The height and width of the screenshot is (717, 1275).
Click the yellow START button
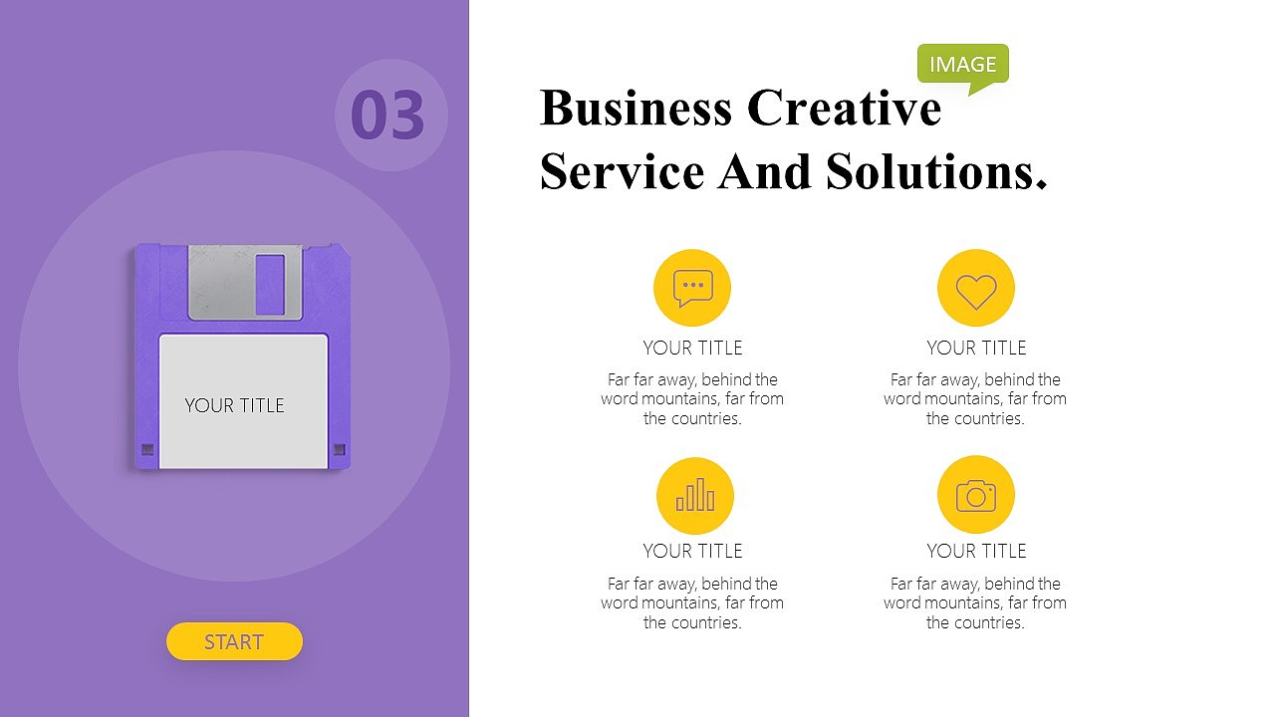(234, 641)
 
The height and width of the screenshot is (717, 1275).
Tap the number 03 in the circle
(387, 115)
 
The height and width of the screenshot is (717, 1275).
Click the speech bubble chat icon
(692, 288)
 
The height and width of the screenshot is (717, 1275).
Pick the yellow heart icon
(976, 288)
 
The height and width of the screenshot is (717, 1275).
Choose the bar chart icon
(695, 496)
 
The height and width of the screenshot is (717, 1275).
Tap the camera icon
(976, 495)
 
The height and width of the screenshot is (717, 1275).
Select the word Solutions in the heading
(936, 171)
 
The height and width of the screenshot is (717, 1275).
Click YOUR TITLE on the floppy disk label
(234, 405)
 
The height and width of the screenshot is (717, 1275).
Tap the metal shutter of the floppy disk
(245, 282)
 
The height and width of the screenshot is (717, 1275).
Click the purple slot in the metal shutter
(270, 285)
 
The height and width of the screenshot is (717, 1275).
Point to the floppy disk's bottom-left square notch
(147, 449)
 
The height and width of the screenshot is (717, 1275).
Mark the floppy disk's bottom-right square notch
(340, 449)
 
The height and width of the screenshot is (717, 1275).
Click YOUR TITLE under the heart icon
(976, 348)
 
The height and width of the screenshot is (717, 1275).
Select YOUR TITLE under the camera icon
(976, 551)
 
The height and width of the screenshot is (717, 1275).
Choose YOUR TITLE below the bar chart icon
(692, 551)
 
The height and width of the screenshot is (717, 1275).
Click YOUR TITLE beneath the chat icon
(692, 348)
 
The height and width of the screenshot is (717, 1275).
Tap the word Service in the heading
(623, 171)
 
